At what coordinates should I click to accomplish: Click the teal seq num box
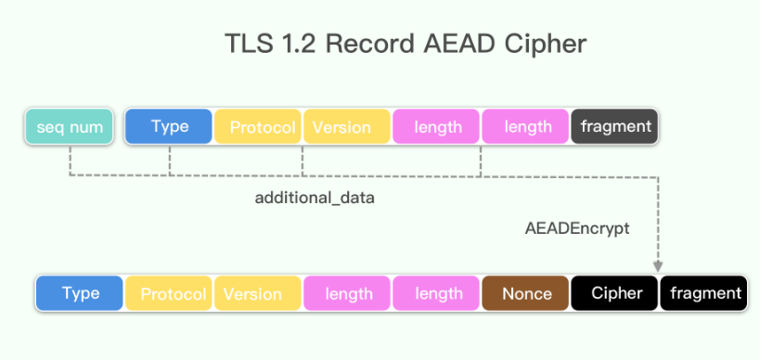point(70,127)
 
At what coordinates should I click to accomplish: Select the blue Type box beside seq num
point(170,126)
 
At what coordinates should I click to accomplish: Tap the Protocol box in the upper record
point(259,127)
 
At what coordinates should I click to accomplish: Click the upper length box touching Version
point(437,127)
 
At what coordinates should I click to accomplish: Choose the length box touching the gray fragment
point(526,127)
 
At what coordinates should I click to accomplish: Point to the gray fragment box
point(614,126)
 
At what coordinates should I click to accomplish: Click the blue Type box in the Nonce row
point(80,293)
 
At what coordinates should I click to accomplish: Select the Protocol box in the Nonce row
point(170,294)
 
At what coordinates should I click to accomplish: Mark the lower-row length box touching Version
point(348,294)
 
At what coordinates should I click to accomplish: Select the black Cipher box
point(615,293)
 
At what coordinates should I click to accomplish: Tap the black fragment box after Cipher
point(704,293)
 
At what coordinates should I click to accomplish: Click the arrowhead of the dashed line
point(658,266)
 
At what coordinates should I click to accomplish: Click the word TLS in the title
point(247,44)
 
